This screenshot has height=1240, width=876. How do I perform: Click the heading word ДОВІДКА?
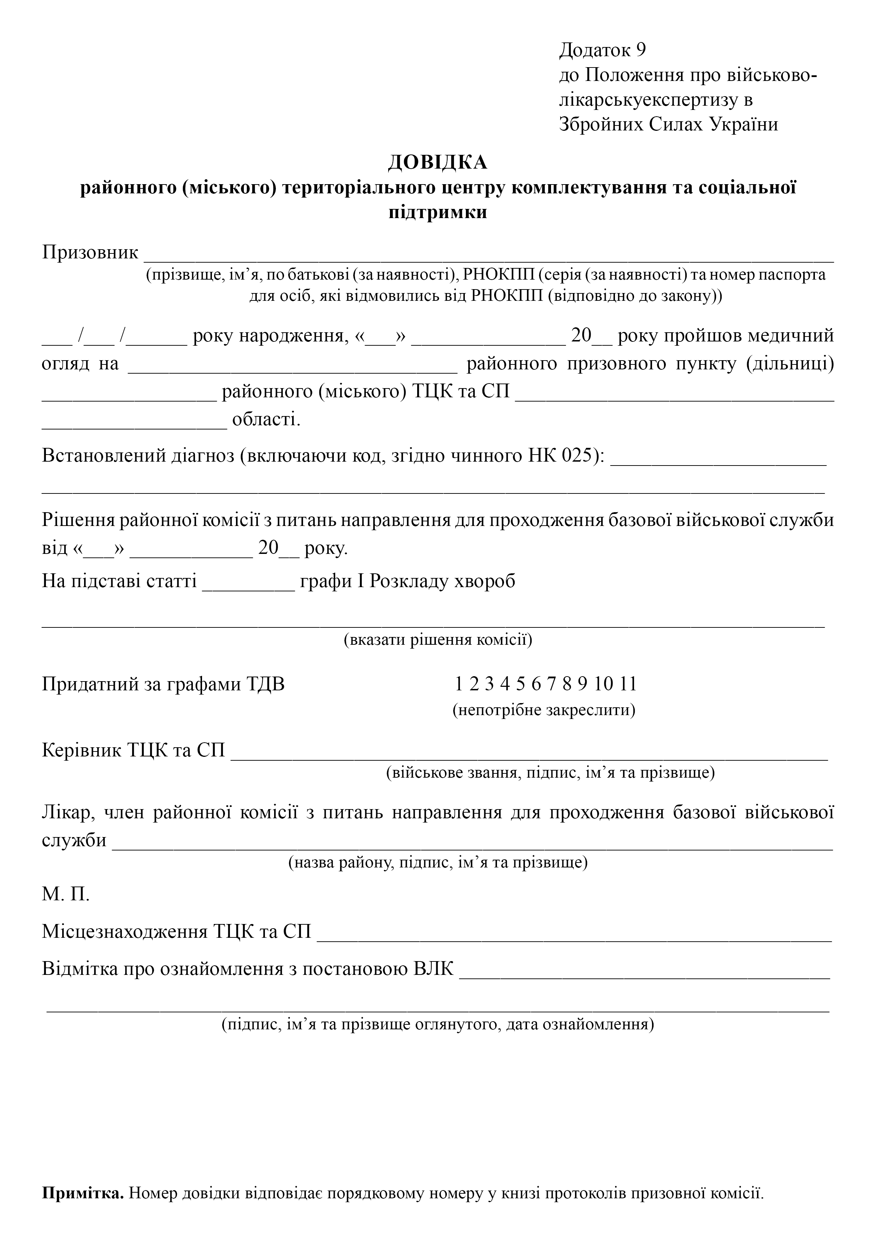click(x=437, y=162)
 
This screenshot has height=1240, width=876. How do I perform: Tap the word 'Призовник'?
click(x=90, y=252)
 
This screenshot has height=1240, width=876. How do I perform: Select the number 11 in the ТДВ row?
click(x=629, y=684)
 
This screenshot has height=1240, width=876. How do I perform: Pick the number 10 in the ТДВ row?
click(x=604, y=684)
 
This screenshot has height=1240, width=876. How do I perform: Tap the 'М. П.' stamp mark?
click(x=66, y=894)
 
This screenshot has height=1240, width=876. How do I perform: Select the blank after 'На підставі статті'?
click(x=248, y=587)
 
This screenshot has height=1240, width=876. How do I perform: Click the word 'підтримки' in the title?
click(x=437, y=212)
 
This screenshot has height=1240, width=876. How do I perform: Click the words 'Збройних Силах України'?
click(x=668, y=125)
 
